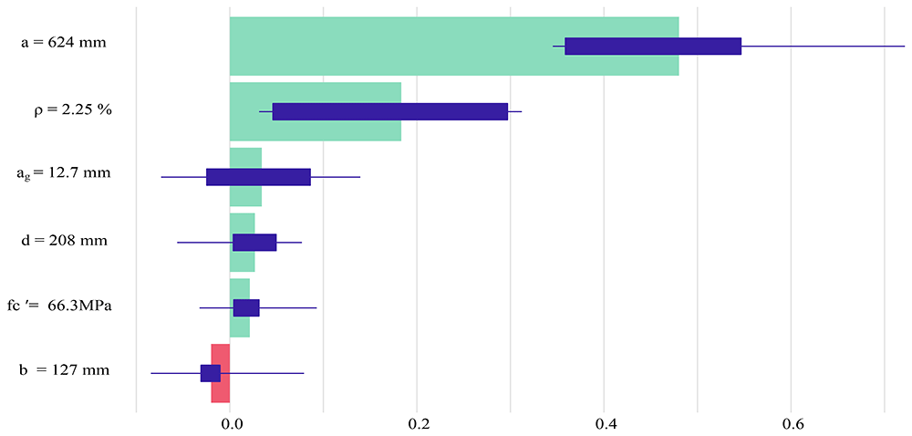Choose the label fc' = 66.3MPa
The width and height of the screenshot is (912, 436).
(59, 306)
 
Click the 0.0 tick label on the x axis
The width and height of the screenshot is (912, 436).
(230, 422)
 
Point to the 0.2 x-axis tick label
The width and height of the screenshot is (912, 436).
(417, 422)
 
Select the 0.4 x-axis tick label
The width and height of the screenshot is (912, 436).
(605, 422)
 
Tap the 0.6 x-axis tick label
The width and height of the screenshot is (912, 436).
(791, 422)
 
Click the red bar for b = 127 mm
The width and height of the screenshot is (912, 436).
(221, 373)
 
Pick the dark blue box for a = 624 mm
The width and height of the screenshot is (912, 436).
(653, 46)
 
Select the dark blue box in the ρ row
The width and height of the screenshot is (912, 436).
(390, 111)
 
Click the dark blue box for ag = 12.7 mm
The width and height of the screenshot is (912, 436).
(258, 177)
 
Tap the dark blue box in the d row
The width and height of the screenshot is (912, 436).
(254, 243)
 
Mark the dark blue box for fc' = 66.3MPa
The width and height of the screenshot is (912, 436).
(246, 308)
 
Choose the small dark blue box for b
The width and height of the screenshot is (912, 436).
(211, 373)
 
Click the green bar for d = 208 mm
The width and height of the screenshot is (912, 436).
(243, 243)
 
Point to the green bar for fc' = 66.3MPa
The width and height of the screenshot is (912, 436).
(240, 308)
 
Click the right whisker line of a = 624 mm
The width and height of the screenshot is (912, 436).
(823, 46)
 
